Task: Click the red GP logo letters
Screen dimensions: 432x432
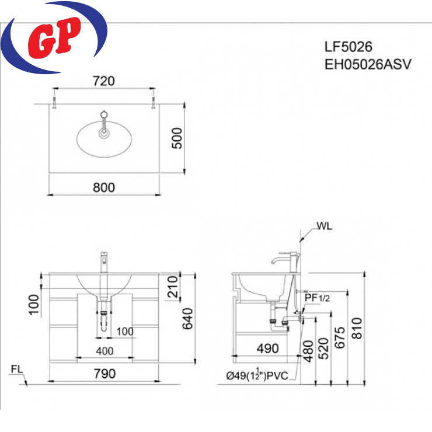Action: [54, 37]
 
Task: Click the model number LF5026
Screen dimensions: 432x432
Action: [348, 47]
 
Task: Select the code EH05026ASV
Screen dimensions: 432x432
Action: [368, 64]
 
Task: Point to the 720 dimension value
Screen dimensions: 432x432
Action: [103, 81]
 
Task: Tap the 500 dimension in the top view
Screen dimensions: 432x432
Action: [177, 138]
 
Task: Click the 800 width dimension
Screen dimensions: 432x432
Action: [104, 187]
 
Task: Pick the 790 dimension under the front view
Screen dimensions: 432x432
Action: [104, 374]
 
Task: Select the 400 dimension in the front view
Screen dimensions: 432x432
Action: [104, 351]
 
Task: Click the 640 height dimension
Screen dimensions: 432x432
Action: [187, 319]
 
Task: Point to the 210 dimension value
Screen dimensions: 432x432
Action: [173, 287]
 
